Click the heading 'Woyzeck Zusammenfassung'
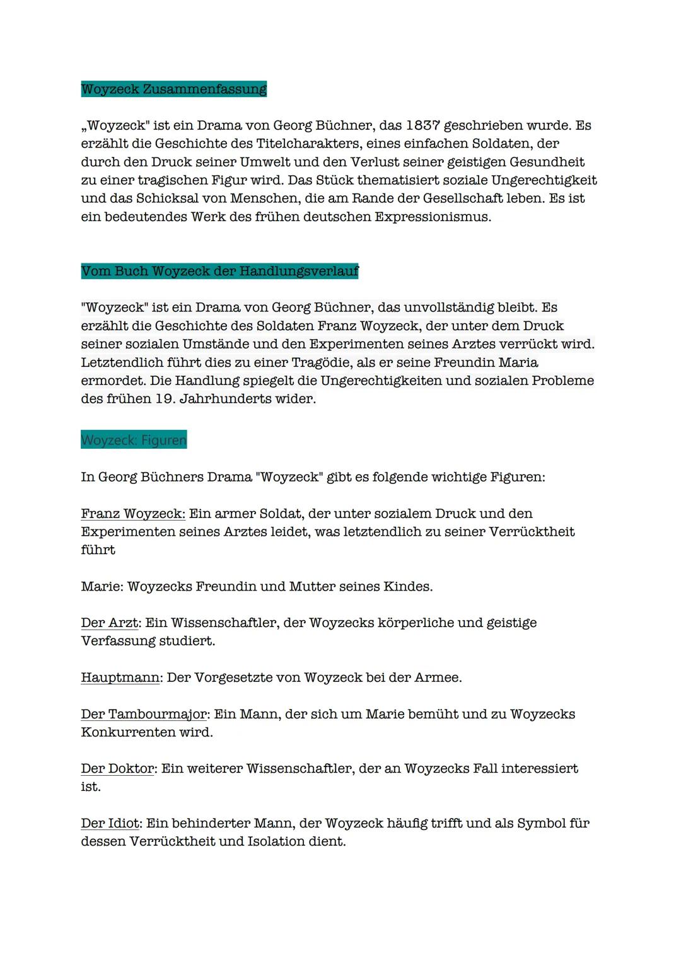click(173, 89)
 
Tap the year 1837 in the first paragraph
click(422, 125)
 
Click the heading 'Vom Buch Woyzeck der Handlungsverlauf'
click(219, 272)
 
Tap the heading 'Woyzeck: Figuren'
click(134, 440)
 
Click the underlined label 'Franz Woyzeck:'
click(132, 514)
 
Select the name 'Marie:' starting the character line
click(102, 587)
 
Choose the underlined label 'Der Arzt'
click(109, 623)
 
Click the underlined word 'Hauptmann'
click(120, 678)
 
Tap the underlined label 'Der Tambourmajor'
click(144, 714)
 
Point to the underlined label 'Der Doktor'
click(117, 769)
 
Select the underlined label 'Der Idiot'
click(111, 823)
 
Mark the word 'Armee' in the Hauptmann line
click(436, 678)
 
